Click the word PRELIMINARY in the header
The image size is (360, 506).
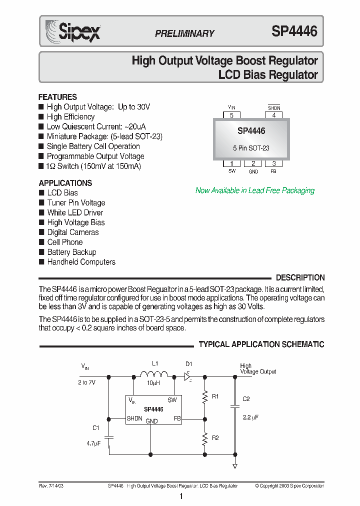(x=184, y=33)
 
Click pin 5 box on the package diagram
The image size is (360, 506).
(x=231, y=115)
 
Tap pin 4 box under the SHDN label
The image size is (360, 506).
(x=273, y=115)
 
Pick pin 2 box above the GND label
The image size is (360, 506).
(x=253, y=163)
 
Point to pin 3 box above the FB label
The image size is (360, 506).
(x=273, y=163)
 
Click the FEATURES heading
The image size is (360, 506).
(x=58, y=97)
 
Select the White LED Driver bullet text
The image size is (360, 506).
(x=75, y=212)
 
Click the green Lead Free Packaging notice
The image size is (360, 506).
(x=255, y=190)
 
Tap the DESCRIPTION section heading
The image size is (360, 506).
(x=300, y=277)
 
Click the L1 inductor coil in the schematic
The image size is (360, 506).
(x=154, y=375)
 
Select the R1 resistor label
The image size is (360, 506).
(x=215, y=396)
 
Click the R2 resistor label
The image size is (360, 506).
(x=215, y=438)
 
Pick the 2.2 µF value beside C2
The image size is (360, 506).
(x=250, y=417)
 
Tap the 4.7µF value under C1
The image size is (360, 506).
(x=93, y=442)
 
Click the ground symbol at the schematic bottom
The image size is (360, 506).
(x=234, y=466)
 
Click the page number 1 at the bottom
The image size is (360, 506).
(x=180, y=496)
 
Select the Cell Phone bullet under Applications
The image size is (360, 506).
(x=65, y=242)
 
